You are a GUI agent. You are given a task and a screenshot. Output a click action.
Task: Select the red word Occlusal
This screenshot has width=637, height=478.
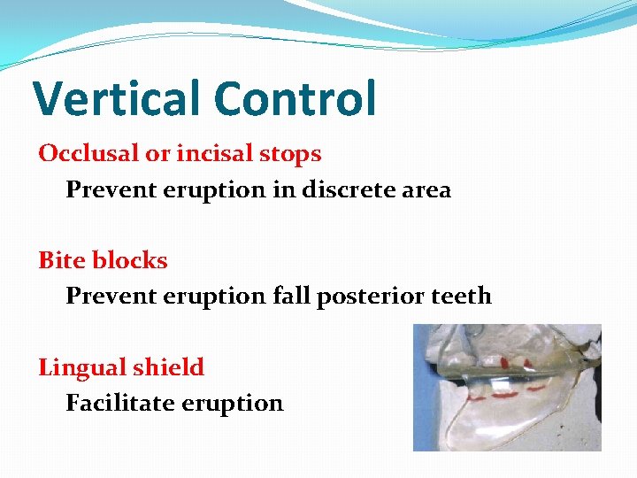89,153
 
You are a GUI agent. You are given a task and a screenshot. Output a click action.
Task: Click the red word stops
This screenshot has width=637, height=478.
293,154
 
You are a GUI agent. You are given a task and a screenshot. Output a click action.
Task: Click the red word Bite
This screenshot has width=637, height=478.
62,260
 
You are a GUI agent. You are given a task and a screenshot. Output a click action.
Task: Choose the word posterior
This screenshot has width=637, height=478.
365,296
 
